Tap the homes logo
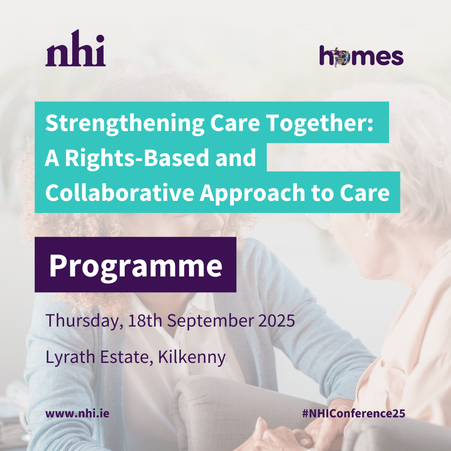click(361, 57)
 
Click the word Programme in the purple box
click(135, 265)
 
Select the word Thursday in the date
click(83, 320)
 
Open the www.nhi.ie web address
click(77, 414)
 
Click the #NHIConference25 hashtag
click(354, 414)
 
